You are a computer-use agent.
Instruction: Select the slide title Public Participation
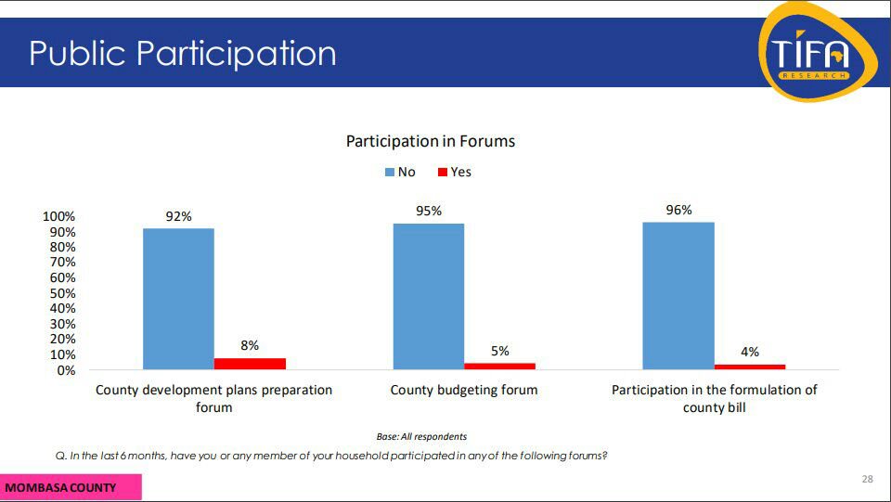(182, 53)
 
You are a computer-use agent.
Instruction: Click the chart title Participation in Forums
(430, 141)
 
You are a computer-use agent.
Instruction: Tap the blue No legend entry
(400, 172)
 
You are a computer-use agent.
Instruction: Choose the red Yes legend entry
(454, 172)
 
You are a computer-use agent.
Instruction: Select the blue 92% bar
(178, 299)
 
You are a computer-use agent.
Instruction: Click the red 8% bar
(250, 364)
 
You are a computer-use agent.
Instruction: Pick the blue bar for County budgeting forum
(429, 296)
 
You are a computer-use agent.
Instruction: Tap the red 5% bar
(499, 366)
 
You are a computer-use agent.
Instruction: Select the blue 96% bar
(678, 295)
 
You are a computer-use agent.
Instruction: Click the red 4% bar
(750, 367)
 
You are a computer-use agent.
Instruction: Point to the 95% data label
(429, 211)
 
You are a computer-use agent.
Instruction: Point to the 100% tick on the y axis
(59, 216)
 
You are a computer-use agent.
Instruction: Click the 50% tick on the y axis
(63, 293)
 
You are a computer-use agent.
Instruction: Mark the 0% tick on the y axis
(66, 370)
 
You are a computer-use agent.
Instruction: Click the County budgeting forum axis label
(464, 390)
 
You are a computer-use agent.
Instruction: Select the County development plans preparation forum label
(213, 398)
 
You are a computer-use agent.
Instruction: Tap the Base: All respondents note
(421, 436)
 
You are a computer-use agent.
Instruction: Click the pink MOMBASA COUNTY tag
(71, 487)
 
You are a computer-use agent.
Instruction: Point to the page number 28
(867, 479)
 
